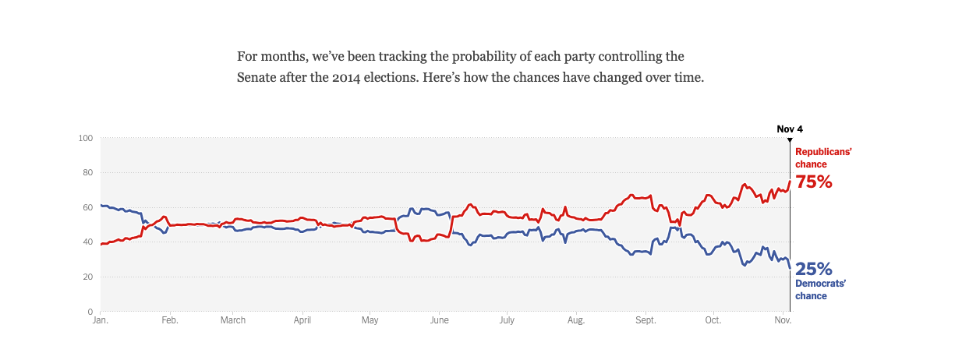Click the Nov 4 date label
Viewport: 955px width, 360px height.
790,129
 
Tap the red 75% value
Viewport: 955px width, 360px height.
814,182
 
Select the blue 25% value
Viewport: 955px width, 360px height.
815,270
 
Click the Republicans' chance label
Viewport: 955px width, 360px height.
823,158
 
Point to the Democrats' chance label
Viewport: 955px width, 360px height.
821,289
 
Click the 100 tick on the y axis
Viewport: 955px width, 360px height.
86,138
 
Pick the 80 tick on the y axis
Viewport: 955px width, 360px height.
88,173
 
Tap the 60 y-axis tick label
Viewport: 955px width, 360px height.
88,207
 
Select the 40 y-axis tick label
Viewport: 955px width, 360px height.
88,242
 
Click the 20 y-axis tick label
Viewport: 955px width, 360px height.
88,277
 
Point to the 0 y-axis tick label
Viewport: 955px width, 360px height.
90,312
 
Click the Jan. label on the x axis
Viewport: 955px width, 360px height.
100,320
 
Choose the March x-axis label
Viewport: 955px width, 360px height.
233,320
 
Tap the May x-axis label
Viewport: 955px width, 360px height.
370,320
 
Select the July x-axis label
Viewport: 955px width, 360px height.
507,320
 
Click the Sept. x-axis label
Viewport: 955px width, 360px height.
646,320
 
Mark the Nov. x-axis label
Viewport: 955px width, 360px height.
783,320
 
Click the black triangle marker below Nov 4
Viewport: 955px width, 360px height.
790,139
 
